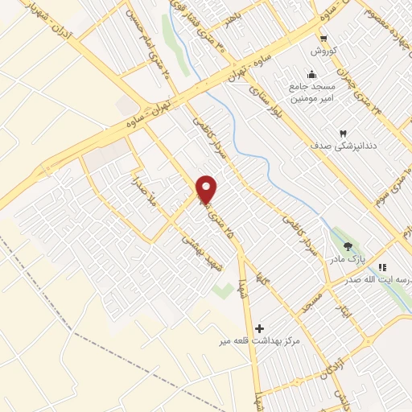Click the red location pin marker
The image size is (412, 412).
click(x=207, y=189)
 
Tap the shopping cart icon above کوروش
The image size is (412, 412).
click(x=323, y=38)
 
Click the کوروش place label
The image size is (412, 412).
click(x=323, y=50)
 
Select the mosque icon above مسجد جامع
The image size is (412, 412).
click(x=311, y=75)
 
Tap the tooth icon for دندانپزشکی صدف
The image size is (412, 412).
click(x=343, y=132)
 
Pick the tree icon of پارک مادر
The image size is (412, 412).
click(x=348, y=247)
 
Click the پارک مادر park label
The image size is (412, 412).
click(x=346, y=260)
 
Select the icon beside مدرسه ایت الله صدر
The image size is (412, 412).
click(x=383, y=267)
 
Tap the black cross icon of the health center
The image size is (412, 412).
click(x=258, y=328)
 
